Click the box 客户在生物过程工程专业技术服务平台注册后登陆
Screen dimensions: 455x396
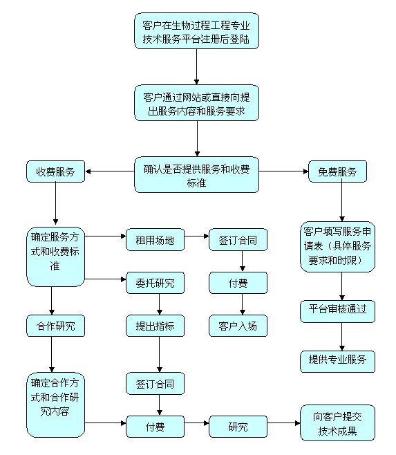[x=196, y=30]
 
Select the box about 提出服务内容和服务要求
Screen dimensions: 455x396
[x=196, y=102]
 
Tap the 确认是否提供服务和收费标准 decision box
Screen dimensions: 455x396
[x=196, y=174]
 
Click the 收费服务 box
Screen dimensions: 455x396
[x=55, y=171]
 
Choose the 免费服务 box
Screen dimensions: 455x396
[x=337, y=171]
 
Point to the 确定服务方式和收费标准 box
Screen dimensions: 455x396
[x=55, y=255]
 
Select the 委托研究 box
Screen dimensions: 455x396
[x=155, y=282]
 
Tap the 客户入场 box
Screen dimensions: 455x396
[x=238, y=325]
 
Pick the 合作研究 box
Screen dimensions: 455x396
[x=55, y=325]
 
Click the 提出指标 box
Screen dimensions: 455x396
[x=155, y=325]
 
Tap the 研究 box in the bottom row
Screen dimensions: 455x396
[x=238, y=427]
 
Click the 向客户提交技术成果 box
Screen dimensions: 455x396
[x=337, y=423]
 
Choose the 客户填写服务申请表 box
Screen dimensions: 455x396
[x=337, y=246]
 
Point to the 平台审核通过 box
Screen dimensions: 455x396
[x=337, y=310]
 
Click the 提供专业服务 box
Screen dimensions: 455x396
[x=337, y=361]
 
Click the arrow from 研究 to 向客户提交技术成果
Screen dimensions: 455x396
[x=283, y=423]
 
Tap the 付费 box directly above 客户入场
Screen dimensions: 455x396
[x=238, y=282]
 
